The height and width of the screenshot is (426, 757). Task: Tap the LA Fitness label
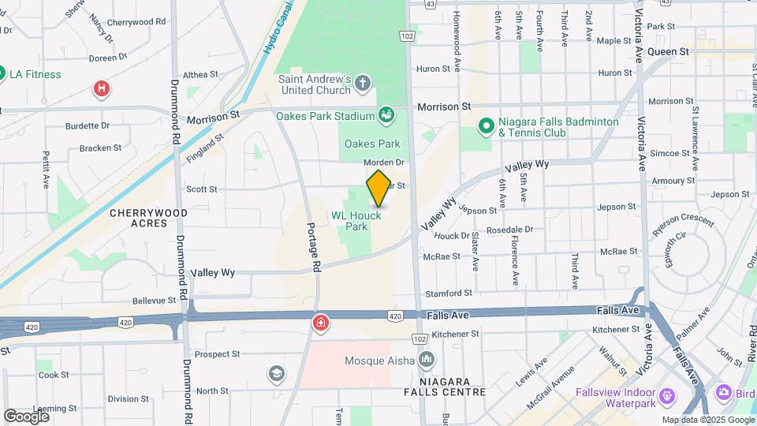point(35,74)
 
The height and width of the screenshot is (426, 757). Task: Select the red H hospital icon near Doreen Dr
point(101,88)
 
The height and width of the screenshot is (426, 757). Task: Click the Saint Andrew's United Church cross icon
point(363,82)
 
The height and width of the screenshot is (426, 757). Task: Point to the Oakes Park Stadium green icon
point(386,116)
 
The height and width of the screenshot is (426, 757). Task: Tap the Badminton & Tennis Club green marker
point(487,125)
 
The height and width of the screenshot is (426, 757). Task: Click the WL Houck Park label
point(356,220)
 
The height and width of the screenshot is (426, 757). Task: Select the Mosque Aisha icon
point(427,361)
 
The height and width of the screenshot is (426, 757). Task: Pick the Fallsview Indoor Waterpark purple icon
point(668,394)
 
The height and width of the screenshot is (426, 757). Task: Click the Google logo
point(26,416)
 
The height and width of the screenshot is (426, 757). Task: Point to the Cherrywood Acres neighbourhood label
point(148,218)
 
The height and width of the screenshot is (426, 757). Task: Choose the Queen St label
point(668,51)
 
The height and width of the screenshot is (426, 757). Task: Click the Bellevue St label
point(154,301)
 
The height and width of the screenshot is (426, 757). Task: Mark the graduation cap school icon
point(277,372)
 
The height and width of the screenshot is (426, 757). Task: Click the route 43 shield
point(430,4)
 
